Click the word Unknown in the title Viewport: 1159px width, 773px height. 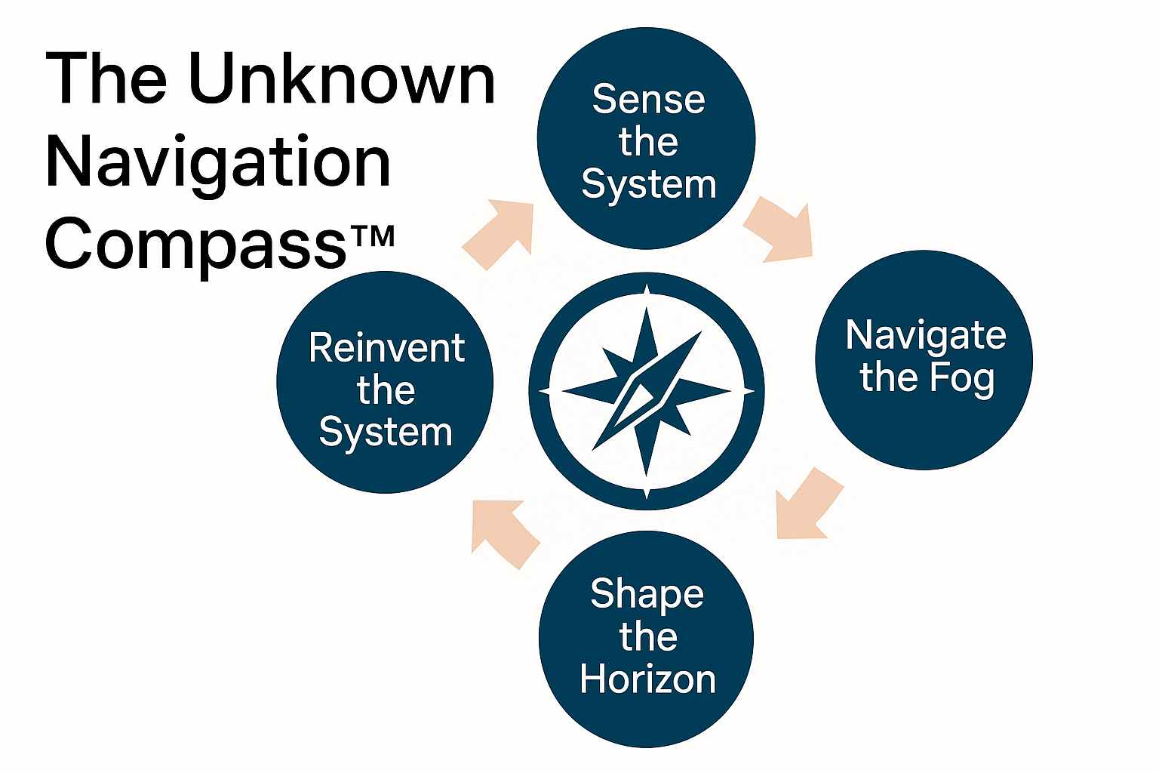341,79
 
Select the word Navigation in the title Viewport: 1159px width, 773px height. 218,162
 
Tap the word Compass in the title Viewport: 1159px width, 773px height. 195,245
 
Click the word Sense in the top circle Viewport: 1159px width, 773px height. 648,100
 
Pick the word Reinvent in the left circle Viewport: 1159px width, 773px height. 386,348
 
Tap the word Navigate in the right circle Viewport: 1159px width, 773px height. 926,335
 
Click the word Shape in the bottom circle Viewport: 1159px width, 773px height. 647,594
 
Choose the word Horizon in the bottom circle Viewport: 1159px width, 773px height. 647,679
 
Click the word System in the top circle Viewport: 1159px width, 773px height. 648,184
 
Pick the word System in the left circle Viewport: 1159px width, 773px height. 386,433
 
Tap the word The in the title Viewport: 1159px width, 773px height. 106,79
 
